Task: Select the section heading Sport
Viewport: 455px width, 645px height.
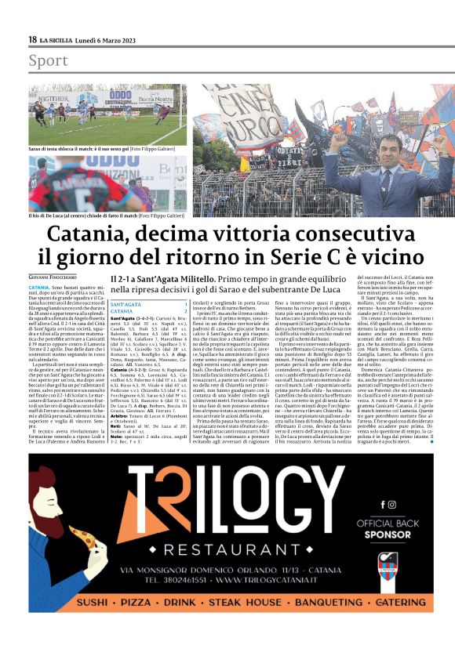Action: click(x=48, y=60)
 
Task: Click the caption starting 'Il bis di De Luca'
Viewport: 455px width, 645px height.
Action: click(x=100, y=213)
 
